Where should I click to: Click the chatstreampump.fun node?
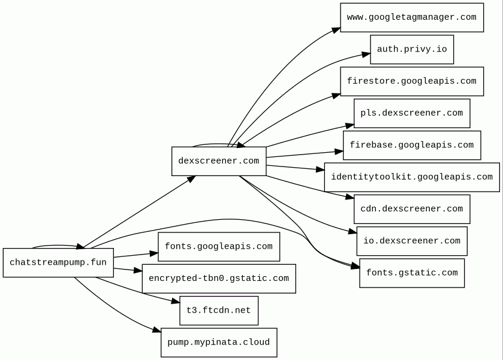(58, 262)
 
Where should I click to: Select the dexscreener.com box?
(219, 161)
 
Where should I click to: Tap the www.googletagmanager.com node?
(412, 17)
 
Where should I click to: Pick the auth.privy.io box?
(412, 49)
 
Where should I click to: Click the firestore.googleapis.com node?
(412, 81)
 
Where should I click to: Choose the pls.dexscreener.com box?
(412, 113)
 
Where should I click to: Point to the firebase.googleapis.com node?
(412, 145)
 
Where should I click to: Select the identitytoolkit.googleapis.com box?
(412, 177)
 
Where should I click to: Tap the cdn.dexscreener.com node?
(412, 209)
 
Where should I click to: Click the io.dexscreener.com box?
(412, 241)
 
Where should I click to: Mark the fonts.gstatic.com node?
(412, 273)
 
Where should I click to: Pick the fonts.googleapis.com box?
(219, 247)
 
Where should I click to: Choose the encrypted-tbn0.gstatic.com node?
(219, 279)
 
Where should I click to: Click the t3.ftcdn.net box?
(219, 310)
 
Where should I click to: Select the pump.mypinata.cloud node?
(219, 343)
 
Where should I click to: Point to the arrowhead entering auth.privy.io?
(366, 55)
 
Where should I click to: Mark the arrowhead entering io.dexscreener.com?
(353, 232)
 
